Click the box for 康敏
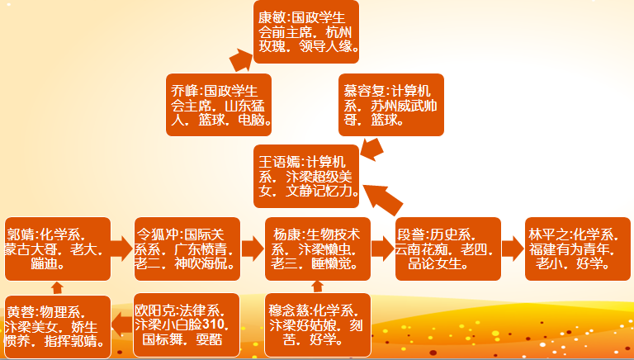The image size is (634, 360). [x=306, y=32]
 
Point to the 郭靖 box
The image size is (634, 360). [x=57, y=246]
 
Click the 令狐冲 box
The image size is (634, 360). [x=186, y=246]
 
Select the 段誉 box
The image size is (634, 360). [x=448, y=246]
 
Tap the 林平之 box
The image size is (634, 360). [x=578, y=246]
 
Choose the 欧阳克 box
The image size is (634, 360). [x=186, y=324]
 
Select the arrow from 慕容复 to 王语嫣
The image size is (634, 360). [x=371, y=149]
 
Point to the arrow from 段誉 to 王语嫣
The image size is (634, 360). [x=383, y=199]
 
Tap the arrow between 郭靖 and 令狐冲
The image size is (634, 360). [x=122, y=246]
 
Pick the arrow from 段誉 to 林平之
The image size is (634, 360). [x=512, y=246]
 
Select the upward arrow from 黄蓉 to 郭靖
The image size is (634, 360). [x=57, y=287]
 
